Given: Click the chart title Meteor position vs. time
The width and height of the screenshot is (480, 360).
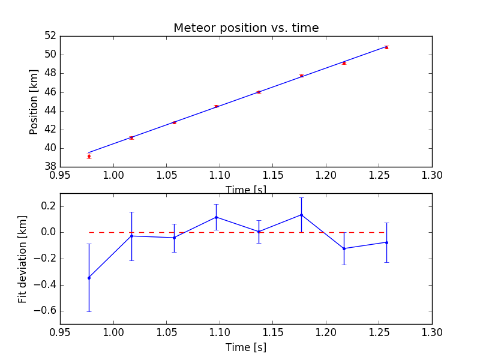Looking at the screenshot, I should click(x=246, y=28).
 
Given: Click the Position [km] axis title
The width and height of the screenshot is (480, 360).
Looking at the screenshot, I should click(x=34, y=101).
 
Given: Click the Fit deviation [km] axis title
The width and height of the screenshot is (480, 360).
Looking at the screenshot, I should click(x=23, y=259).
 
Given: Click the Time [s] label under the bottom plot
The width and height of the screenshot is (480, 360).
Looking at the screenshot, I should click(x=246, y=347).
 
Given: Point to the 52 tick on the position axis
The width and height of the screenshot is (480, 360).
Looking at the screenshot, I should click(x=50, y=36).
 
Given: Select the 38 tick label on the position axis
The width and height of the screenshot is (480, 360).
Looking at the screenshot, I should click(x=50, y=167).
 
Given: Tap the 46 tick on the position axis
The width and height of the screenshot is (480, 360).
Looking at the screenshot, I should click(x=50, y=92).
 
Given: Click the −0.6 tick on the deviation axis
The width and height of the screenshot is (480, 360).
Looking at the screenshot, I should click(x=43, y=311).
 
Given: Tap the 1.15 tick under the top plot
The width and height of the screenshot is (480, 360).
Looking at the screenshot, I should click(x=272, y=175).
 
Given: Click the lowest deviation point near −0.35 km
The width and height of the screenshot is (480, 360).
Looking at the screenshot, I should click(x=89, y=278).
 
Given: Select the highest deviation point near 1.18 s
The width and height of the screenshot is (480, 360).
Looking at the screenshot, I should click(x=301, y=215).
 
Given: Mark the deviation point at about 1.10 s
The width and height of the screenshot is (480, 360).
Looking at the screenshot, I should click(x=216, y=217).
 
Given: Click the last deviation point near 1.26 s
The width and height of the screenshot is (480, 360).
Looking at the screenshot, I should click(x=386, y=242).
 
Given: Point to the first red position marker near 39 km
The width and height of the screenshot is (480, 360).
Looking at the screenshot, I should click(x=89, y=156).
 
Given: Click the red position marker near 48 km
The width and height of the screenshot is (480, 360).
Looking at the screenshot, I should click(x=301, y=76).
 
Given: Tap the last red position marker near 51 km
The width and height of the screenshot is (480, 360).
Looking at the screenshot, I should click(x=386, y=47).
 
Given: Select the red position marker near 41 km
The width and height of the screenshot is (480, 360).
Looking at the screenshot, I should click(x=131, y=138).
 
